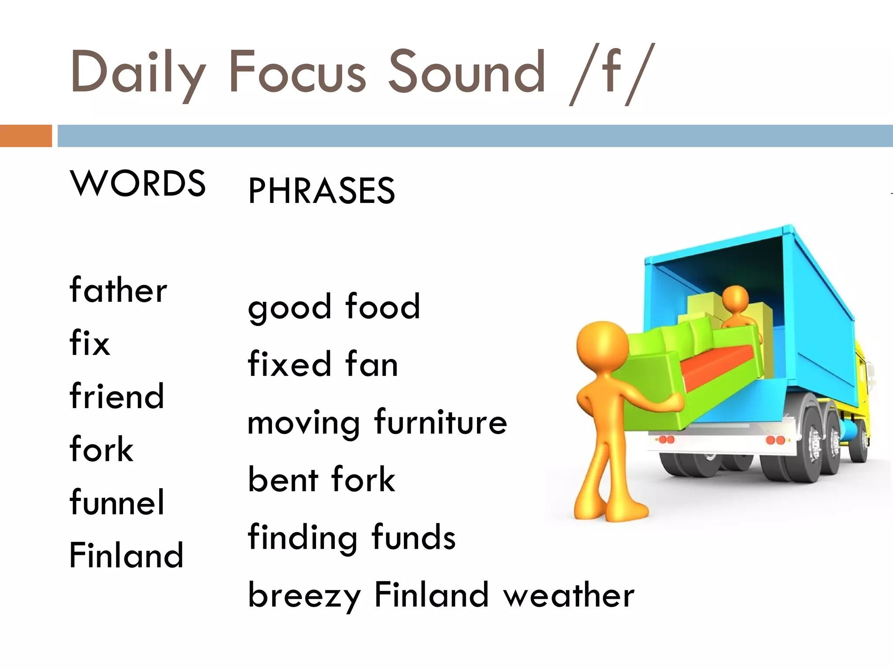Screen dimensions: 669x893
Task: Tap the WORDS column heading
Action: (x=138, y=183)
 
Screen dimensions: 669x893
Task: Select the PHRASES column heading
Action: (x=322, y=191)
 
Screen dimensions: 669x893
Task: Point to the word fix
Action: (x=90, y=343)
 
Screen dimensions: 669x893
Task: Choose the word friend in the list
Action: (x=117, y=396)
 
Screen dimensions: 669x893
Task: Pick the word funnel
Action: (x=117, y=502)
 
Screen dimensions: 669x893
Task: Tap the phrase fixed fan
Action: (x=323, y=364)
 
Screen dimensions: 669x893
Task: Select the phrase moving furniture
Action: (x=377, y=422)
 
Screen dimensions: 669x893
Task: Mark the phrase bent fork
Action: (x=321, y=480)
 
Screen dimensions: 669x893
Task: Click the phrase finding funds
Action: (x=351, y=537)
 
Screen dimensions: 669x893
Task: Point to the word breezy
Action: (x=304, y=595)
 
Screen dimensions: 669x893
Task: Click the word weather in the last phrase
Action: (x=569, y=595)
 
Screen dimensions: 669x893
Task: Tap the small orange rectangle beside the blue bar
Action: (x=26, y=136)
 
